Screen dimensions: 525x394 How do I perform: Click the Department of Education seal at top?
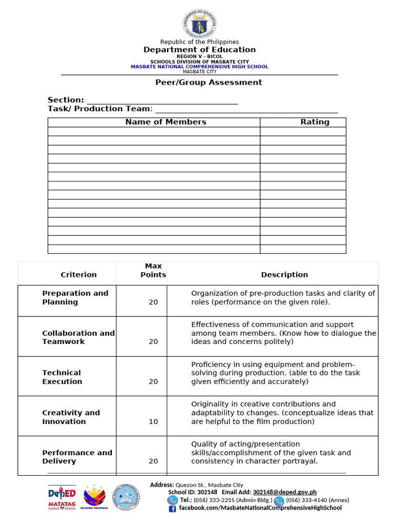coord(199,24)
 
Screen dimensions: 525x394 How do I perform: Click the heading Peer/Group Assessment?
coord(209,82)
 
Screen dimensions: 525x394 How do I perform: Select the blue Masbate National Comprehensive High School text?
coord(199,67)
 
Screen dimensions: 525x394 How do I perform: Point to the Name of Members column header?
coord(166,122)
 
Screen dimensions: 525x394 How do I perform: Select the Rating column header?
coord(314,122)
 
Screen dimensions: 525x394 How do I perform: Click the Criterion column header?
coord(78,275)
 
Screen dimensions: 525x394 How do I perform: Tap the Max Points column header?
coord(153,270)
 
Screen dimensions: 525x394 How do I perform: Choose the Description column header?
coord(284,275)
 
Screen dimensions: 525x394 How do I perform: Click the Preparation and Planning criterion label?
coord(75,298)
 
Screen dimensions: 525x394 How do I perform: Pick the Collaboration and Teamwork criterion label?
coord(78,337)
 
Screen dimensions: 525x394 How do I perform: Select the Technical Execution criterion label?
coord(62,377)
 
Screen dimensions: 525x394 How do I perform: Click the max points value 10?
coord(153,421)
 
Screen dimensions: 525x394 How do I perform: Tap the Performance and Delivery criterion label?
coord(77,457)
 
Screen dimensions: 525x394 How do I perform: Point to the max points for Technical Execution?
coord(153,381)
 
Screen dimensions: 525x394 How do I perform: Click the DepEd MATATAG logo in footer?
coord(62,497)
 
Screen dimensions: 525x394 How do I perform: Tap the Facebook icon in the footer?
coord(172,508)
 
